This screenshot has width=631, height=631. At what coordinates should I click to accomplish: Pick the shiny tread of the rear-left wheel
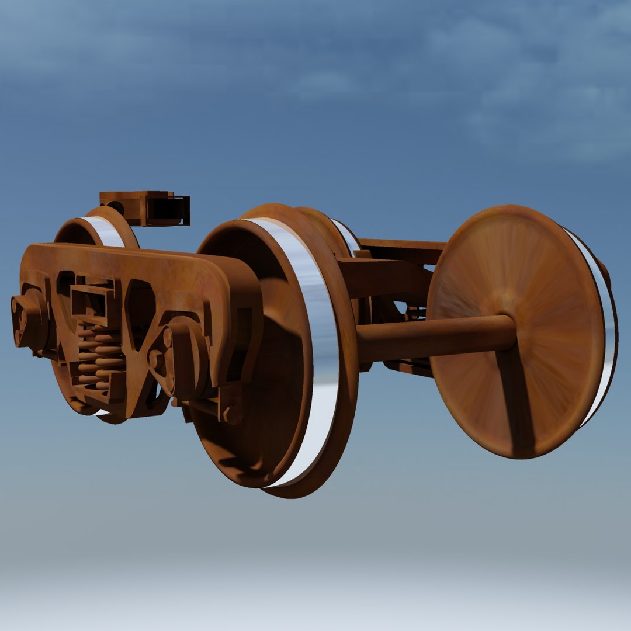click(105, 231)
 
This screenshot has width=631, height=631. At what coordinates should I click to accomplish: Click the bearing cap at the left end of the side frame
click(26, 318)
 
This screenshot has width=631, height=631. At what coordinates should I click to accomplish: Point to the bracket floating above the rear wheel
click(146, 207)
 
